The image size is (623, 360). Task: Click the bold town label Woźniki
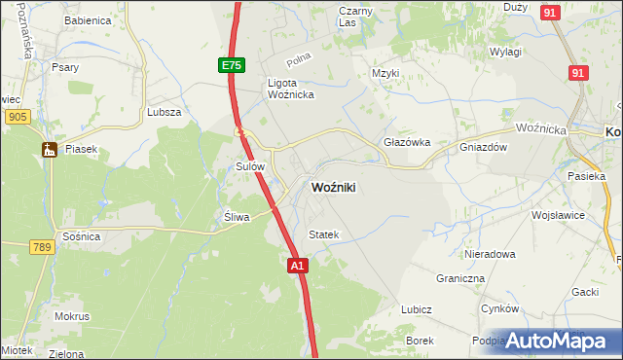tap(333, 188)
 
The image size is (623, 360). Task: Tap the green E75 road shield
tap(231, 65)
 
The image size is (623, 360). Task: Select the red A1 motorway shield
tap(298, 265)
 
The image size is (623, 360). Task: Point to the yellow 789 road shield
tap(40, 247)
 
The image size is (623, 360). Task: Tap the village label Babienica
tap(87, 20)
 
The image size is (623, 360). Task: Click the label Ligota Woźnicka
tap(290, 89)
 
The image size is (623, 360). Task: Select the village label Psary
tap(65, 67)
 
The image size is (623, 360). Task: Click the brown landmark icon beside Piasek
tap(49, 149)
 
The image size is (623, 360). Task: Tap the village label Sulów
tap(250, 166)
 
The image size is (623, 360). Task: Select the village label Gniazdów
tap(484, 147)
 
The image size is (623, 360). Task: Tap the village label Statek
tap(323, 234)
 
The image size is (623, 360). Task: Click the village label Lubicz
tap(416, 309)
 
